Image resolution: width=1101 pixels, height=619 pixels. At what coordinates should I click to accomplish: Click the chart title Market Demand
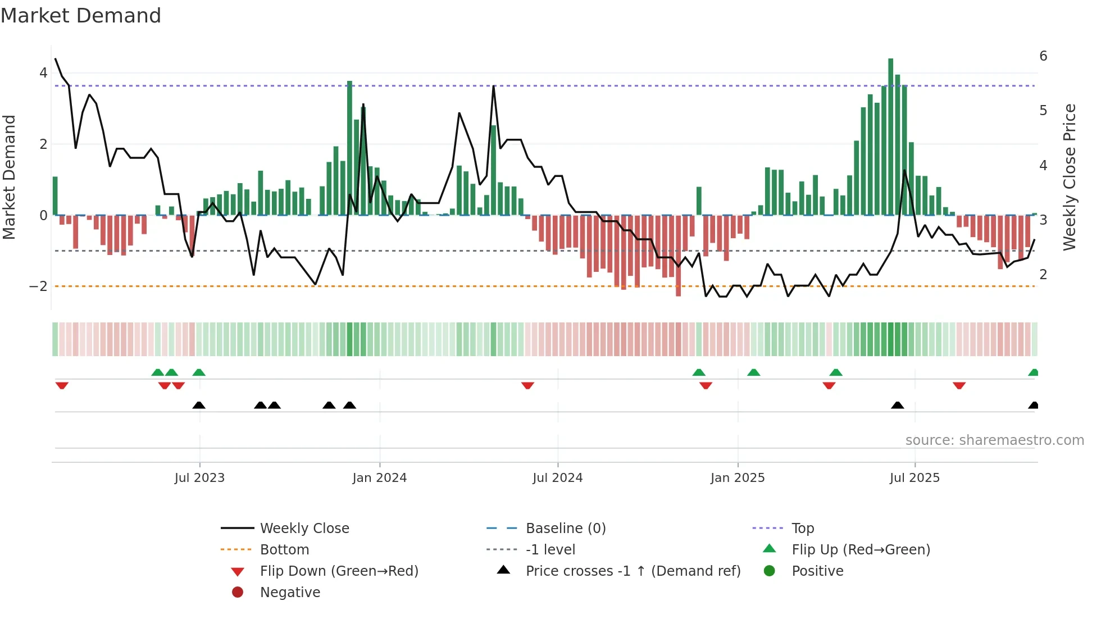[81, 16]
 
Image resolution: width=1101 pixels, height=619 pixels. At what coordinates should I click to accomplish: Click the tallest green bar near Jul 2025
[890, 135]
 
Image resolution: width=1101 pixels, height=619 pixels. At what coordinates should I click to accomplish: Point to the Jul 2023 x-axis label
[199, 478]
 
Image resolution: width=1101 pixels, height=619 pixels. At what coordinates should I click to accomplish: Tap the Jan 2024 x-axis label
[380, 478]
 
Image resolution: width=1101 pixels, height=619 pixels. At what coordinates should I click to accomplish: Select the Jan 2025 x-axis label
[738, 478]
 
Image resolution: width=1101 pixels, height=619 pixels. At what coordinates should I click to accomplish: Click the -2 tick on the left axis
[38, 286]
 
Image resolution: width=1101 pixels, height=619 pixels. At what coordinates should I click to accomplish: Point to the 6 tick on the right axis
[1043, 56]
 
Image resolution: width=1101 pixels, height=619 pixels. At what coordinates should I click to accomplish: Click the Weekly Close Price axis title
[1070, 177]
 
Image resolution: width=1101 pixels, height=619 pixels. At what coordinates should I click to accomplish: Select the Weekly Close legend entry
[304, 529]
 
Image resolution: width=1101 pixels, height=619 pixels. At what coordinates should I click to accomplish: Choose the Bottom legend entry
[284, 550]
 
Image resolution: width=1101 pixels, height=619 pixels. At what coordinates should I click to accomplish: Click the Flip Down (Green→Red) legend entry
[339, 571]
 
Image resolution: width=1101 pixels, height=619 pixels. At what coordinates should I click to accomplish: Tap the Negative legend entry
[290, 593]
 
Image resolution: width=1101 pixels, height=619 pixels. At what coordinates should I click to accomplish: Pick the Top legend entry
[803, 529]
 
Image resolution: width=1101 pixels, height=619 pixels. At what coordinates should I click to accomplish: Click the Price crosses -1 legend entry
[633, 571]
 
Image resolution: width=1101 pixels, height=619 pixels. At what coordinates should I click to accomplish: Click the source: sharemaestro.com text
[994, 440]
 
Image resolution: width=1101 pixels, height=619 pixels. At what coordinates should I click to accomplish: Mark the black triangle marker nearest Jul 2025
[898, 406]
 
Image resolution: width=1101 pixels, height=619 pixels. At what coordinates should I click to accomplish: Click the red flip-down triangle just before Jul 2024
[527, 385]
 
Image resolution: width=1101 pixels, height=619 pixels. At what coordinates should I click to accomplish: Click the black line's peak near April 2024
[494, 87]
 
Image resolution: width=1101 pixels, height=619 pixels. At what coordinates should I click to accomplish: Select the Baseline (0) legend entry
[565, 529]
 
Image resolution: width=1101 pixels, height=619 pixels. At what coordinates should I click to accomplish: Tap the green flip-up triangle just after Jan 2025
[754, 372]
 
